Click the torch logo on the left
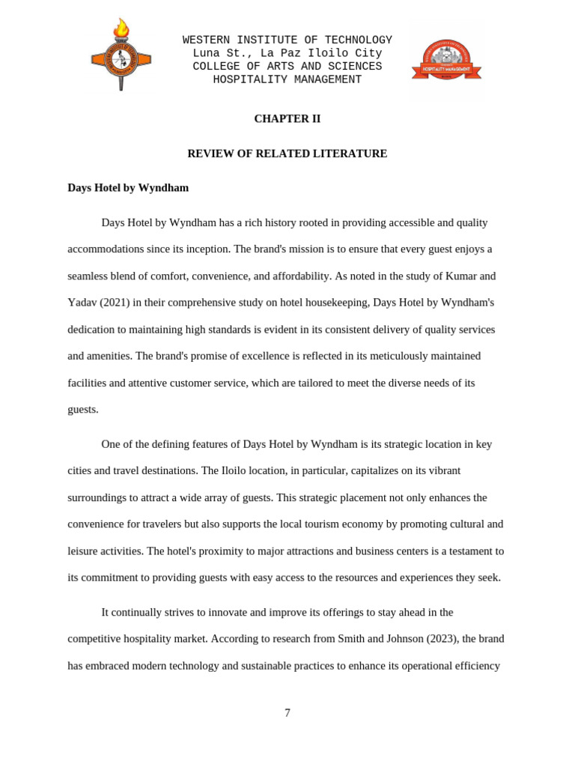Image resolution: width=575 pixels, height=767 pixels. click(121, 55)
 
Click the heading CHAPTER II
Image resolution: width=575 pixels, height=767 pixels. click(287, 118)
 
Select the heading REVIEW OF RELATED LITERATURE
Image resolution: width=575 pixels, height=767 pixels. click(287, 154)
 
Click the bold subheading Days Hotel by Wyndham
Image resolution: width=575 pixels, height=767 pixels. click(128, 188)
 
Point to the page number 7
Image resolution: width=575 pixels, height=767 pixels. click(287, 713)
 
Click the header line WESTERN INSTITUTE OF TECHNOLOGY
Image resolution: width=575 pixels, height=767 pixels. click(287, 40)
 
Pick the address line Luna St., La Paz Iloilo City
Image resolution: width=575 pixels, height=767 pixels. click(287, 54)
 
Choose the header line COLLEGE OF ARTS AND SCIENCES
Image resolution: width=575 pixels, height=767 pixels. click(287, 67)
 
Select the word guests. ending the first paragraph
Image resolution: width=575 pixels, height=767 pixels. click(83, 410)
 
